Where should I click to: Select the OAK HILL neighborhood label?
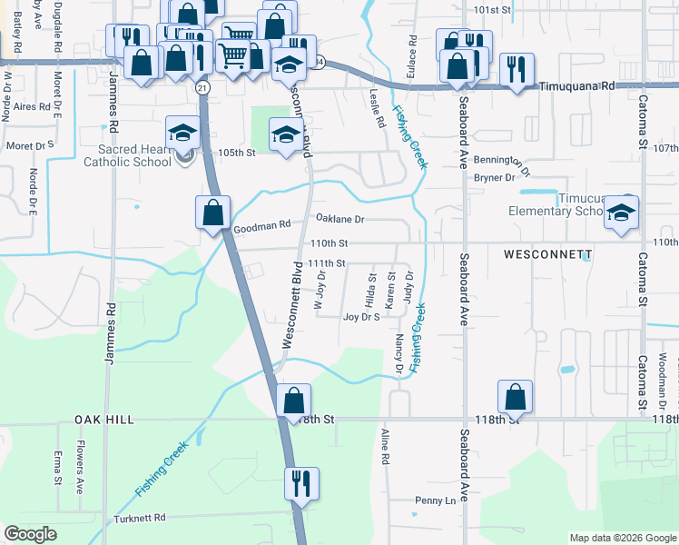106,420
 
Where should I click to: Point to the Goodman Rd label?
261,224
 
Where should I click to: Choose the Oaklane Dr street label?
339,219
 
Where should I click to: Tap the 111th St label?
327,263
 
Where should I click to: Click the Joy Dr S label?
360,317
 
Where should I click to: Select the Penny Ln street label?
435,500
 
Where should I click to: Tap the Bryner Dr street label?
495,177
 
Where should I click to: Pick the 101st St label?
493,10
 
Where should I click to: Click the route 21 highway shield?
202,87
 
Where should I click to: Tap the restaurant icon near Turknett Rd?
301,483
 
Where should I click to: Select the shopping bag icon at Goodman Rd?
212,213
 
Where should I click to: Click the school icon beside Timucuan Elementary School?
623,213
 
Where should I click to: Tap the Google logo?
30,534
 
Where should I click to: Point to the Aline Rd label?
385,448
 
